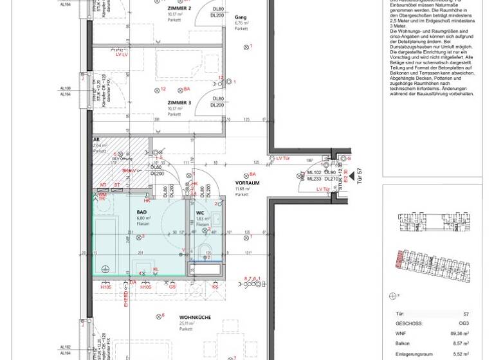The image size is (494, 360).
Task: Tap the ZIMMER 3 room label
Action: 179,102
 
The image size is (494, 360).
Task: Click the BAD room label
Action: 142,212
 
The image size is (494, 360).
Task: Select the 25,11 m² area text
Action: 187,323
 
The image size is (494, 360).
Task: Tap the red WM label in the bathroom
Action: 101,194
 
